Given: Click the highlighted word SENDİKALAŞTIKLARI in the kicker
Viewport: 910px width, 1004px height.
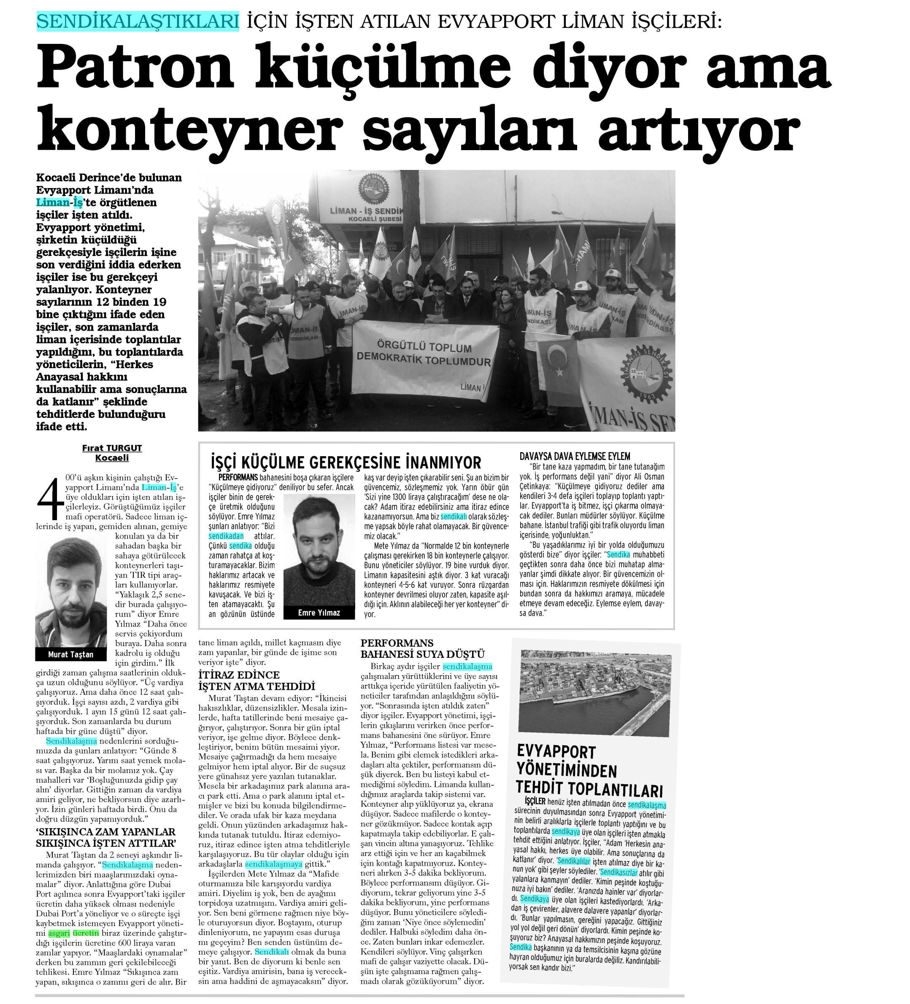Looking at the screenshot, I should pyautogui.click(x=138, y=22).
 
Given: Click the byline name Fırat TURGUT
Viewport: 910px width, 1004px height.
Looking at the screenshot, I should pyautogui.click(x=112, y=448).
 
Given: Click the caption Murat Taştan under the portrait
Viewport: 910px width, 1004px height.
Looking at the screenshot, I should pyautogui.click(x=71, y=654).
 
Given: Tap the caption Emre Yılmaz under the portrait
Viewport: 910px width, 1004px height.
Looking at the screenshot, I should pyautogui.click(x=319, y=613).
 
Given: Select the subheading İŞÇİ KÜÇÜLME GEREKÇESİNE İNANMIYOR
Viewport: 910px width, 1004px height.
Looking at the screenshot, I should pyautogui.click(x=346, y=462).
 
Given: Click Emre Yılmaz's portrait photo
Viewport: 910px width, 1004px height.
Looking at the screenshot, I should pyautogui.click(x=319, y=550).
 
